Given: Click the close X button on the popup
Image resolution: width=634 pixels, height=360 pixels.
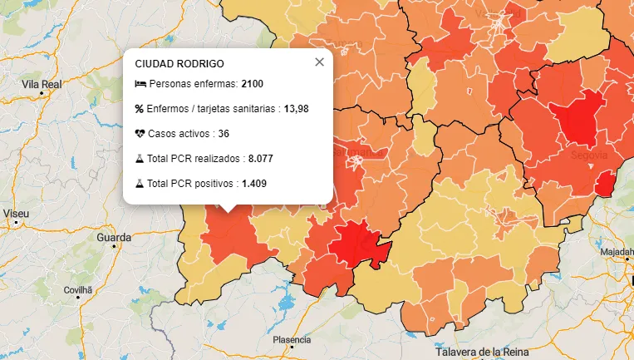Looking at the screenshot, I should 319,62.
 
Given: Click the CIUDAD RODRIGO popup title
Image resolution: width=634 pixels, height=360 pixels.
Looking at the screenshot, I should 179,63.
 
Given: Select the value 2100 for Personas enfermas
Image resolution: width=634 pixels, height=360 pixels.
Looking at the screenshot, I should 253,85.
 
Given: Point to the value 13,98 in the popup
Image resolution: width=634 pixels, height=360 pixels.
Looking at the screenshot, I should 297,109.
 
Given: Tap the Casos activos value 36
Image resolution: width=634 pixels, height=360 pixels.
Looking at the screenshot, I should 224,133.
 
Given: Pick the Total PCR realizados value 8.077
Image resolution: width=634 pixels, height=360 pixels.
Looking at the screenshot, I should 260,158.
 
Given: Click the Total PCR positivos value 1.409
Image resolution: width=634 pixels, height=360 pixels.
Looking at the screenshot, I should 254,182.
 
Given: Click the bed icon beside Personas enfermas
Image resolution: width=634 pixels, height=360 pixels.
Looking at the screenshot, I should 140,85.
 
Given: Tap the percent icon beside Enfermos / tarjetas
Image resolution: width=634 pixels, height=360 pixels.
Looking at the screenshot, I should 140,109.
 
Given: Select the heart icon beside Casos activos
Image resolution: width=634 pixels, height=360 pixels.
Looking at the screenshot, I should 140,133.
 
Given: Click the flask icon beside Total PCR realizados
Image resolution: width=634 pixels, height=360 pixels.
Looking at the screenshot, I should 140,158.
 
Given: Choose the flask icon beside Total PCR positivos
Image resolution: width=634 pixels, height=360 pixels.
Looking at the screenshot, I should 140,182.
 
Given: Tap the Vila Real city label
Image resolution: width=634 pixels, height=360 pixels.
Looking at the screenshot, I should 42,85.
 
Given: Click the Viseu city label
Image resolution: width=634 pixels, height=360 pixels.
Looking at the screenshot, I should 16,214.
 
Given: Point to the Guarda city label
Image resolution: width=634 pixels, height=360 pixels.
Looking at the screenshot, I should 114,238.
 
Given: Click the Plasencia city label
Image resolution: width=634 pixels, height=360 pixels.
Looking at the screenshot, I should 292,340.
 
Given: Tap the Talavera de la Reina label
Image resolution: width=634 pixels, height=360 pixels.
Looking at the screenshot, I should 477,352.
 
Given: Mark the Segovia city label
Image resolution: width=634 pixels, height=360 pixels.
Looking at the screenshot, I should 589,155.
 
